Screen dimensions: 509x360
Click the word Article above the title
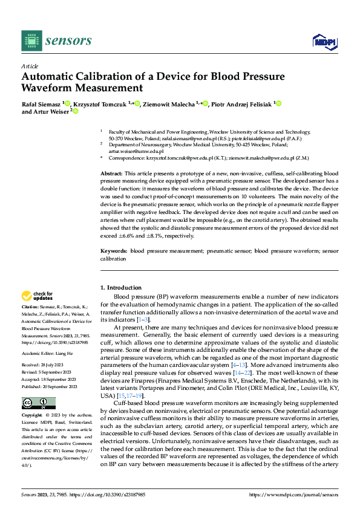click(30, 66)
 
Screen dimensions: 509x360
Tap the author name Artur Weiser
click(51, 111)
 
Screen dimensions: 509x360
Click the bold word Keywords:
click(114, 250)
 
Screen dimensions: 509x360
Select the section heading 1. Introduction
click(121, 288)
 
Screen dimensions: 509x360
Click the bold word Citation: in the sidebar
click(31, 307)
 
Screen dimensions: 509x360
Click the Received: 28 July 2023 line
click(46, 366)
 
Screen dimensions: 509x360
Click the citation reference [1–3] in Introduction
click(140, 319)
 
